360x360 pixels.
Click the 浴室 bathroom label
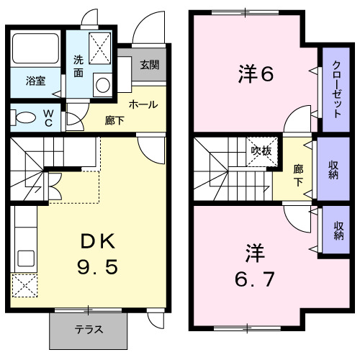(35, 81)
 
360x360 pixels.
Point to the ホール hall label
(143, 104)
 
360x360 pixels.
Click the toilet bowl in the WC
(24, 117)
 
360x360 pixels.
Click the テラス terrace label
(89, 330)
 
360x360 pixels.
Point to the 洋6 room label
(255, 73)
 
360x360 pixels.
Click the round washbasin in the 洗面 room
(102, 85)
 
